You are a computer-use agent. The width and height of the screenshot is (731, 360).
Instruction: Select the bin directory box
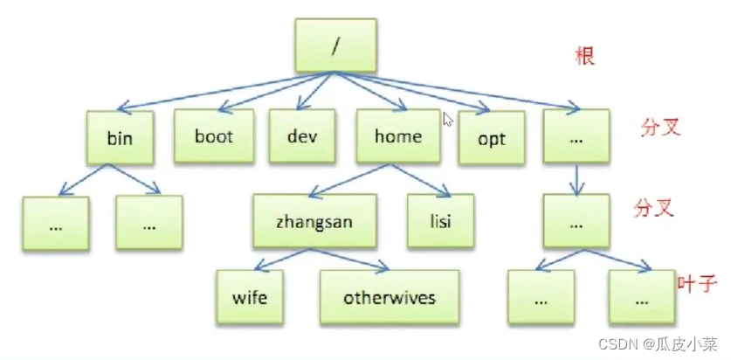click(x=120, y=137)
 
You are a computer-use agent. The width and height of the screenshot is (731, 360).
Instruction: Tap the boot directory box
click(x=213, y=136)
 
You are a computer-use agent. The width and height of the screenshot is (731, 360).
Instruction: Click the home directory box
click(x=397, y=136)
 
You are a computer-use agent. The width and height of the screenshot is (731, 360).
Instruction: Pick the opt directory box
click(x=492, y=139)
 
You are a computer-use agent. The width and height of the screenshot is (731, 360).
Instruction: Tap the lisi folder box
click(x=440, y=221)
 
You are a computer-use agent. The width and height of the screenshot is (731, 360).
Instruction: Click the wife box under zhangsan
click(x=250, y=297)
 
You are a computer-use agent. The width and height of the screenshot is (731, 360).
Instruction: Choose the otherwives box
click(x=389, y=297)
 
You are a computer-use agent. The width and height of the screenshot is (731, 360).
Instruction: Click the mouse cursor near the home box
click(x=448, y=120)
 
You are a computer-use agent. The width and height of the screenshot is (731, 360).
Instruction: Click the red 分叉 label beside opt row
click(x=659, y=127)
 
